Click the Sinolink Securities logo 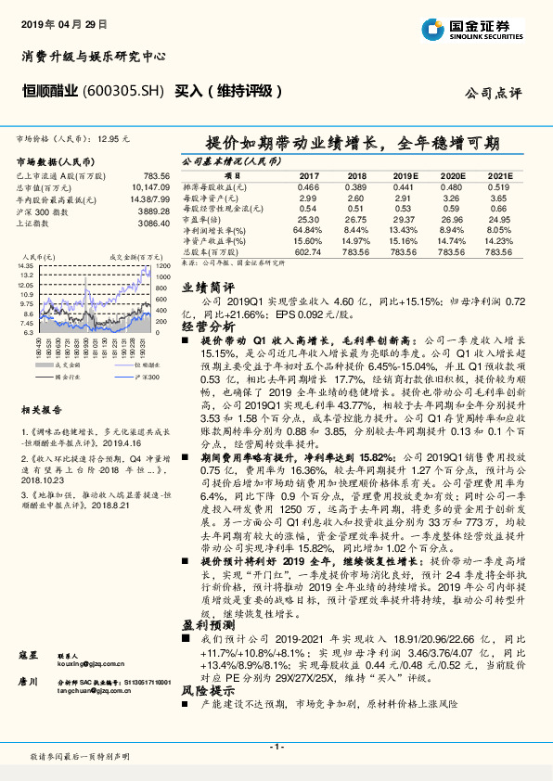point(482,27)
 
